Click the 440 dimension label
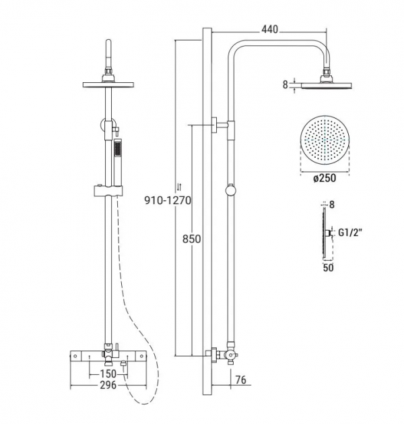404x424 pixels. [x=269, y=29]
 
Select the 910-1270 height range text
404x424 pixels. [x=168, y=200]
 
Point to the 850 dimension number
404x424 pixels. [x=191, y=239]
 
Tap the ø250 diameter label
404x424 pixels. [x=325, y=178]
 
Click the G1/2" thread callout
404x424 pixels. [x=349, y=233]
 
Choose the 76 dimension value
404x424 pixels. [x=240, y=380]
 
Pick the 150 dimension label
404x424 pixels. [x=108, y=373]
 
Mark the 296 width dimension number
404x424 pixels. [x=108, y=385]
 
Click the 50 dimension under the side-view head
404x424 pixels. [x=328, y=268]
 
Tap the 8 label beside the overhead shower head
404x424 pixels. [x=285, y=85]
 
